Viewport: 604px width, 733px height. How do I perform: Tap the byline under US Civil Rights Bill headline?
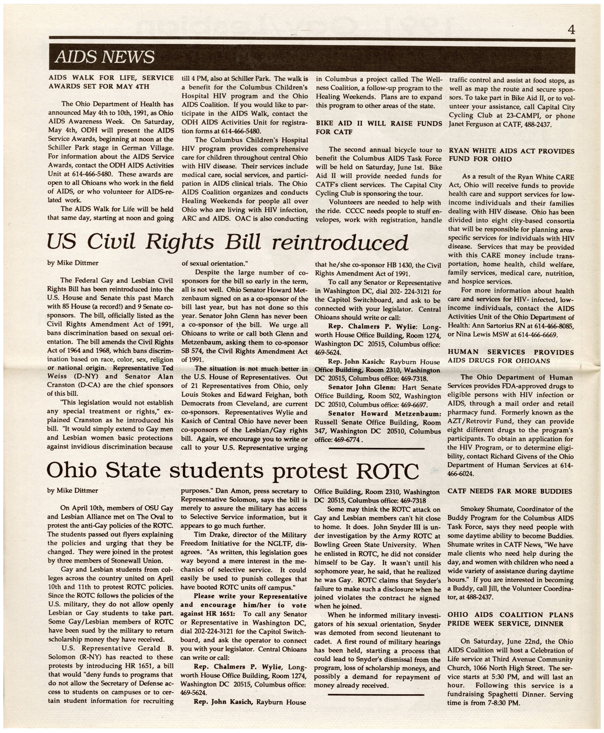click(73, 263)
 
